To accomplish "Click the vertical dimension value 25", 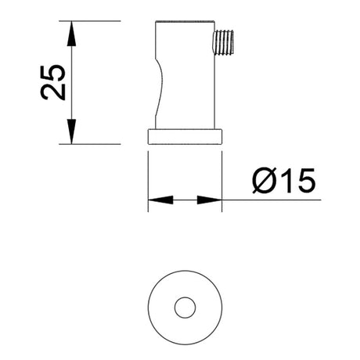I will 53,81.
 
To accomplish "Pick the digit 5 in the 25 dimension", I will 53,72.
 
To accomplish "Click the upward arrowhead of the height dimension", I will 71,33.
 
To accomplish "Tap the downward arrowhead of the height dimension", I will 71,131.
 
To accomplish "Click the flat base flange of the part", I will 185,136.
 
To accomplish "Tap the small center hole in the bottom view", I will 185,308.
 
